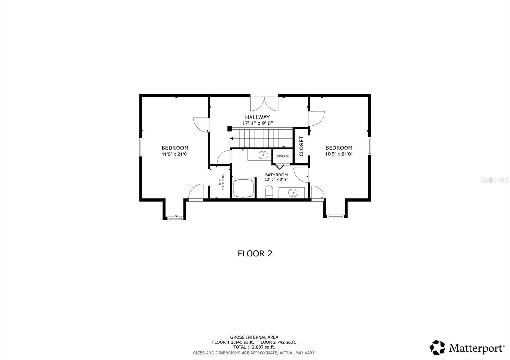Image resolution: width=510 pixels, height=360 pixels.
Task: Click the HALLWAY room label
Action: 257,117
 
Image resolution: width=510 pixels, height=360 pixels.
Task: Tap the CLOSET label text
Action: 302,146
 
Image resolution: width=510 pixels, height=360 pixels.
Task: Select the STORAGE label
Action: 283,156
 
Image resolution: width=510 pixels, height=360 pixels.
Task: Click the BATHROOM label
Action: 276,175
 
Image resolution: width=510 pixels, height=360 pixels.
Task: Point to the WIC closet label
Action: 220,182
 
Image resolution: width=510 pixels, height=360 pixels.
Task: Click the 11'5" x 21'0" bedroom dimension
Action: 175,154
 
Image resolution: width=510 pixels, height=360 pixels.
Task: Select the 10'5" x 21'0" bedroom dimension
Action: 339,154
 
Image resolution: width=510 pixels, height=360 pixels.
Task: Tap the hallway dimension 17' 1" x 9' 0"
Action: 257,123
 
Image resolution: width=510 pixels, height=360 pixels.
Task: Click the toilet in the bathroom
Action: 269,192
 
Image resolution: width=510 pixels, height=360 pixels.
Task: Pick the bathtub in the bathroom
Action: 244,188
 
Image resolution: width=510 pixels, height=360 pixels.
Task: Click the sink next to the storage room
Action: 263,155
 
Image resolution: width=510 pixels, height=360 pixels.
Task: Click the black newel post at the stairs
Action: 230,129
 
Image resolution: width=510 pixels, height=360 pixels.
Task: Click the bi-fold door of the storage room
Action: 280,167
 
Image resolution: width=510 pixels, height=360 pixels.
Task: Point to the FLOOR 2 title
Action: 255,254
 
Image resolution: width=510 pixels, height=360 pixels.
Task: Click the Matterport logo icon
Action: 437,348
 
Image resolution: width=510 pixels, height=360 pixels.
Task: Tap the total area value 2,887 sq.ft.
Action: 263,347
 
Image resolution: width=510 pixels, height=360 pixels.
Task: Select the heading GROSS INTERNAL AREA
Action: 254,337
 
